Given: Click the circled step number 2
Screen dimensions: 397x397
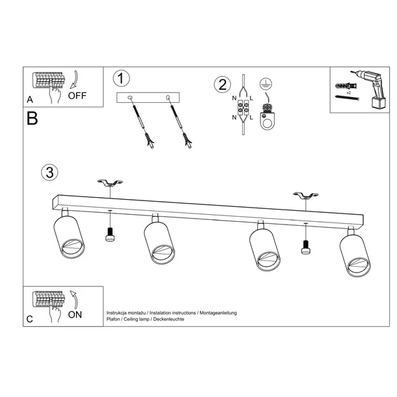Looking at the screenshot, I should click(x=223, y=84).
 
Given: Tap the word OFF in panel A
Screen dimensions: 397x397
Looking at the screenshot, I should click(x=77, y=96).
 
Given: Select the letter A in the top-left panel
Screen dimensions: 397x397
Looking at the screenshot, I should click(x=30, y=100).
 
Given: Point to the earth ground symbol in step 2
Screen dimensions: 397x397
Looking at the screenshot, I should click(x=264, y=83).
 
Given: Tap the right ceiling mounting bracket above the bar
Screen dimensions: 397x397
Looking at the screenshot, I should click(x=305, y=195).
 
